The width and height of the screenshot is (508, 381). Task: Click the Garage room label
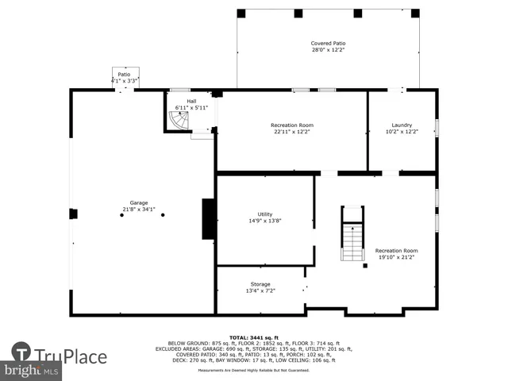pos(139,202)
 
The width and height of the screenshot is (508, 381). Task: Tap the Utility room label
pos(264,214)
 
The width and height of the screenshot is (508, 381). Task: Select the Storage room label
pos(260,284)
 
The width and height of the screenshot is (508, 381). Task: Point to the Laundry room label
pos(402,125)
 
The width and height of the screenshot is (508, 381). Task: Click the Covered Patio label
pos(328,43)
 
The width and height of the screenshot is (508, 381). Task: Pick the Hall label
pos(191,101)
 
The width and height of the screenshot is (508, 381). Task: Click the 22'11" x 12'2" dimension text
pos(292,132)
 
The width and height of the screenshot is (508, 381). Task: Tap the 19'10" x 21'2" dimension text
pos(395,257)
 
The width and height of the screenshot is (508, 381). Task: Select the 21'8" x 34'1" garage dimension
pos(139,210)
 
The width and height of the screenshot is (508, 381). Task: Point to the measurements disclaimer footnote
pos(254,371)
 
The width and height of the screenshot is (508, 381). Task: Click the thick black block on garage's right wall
pos(209,219)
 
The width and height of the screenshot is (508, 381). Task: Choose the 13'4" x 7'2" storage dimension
pos(260,291)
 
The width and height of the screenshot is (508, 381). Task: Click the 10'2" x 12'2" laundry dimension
pos(402,132)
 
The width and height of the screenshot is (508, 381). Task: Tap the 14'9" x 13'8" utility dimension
pos(264,221)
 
